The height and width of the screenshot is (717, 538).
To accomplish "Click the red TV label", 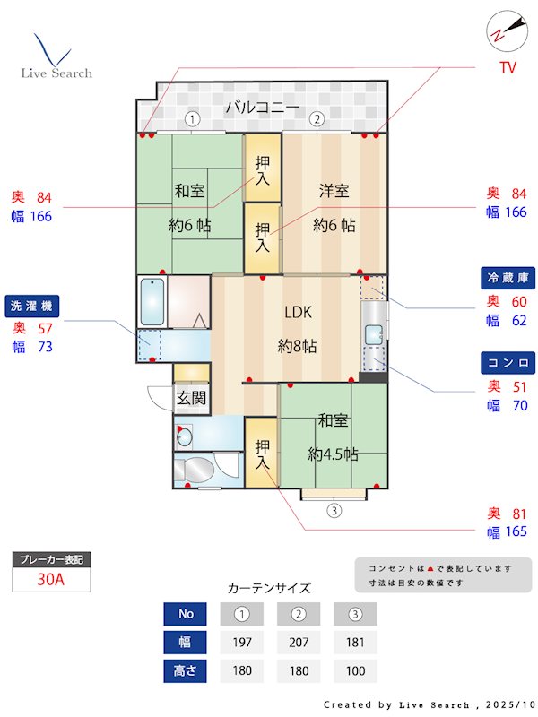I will pyautogui.click(x=508, y=68).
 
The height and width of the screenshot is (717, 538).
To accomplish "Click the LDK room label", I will pyautogui.click(x=298, y=313).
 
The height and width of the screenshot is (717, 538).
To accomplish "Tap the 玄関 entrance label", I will pyautogui.click(x=190, y=398).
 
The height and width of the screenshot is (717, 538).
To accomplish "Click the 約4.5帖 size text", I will pyautogui.click(x=333, y=454).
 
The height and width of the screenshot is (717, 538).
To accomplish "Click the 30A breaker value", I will pyautogui.click(x=51, y=579).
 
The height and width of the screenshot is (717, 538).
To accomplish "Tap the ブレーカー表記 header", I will pyautogui.click(x=51, y=559).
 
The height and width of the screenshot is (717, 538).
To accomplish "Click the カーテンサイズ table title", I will pyautogui.click(x=269, y=588).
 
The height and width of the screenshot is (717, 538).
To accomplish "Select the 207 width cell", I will pyautogui.click(x=299, y=643).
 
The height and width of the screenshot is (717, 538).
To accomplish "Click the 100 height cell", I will pyautogui.click(x=355, y=670).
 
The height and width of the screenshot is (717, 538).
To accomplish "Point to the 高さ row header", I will pyautogui.click(x=186, y=670).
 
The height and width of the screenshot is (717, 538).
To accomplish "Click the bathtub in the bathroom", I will pyautogui.click(x=152, y=301).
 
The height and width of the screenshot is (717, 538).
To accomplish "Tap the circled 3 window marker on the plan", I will pyautogui.click(x=334, y=511).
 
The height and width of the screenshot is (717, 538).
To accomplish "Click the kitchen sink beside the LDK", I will pyautogui.click(x=373, y=333).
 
